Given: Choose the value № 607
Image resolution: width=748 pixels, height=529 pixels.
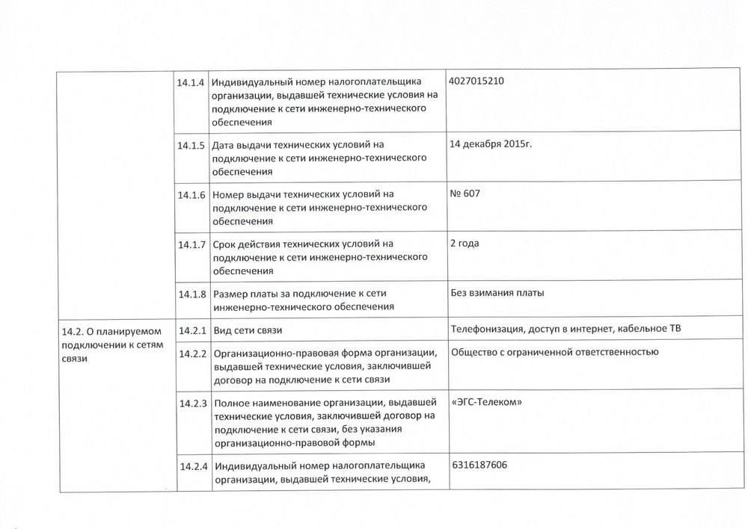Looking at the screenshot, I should (x=465, y=194).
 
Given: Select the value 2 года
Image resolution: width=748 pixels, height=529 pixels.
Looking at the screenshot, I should (x=465, y=243).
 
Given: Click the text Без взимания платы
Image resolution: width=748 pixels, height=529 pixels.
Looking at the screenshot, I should (x=497, y=293).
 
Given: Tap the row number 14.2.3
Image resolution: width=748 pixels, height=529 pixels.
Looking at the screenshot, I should (x=191, y=403).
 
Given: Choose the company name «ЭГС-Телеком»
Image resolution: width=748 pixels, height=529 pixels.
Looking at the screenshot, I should (x=487, y=402).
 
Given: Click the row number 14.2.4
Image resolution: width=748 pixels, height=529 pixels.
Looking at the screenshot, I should (x=191, y=466).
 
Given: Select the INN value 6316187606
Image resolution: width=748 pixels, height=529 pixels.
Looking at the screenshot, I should (x=479, y=465).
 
